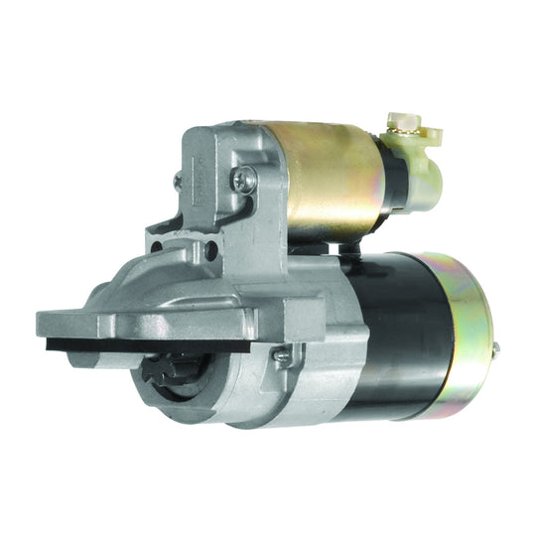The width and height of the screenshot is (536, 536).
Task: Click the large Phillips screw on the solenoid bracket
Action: tap(243, 179)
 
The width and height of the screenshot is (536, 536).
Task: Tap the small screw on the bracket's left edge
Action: tap(178, 181)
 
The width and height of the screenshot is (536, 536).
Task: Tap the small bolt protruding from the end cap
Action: tap(495, 346)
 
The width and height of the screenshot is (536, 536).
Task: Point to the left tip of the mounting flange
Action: tap(45, 323)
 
